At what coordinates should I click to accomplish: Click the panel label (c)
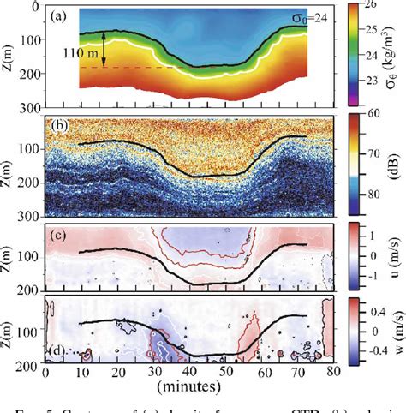(62, 235)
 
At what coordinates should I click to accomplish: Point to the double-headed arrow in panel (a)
(104, 49)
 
